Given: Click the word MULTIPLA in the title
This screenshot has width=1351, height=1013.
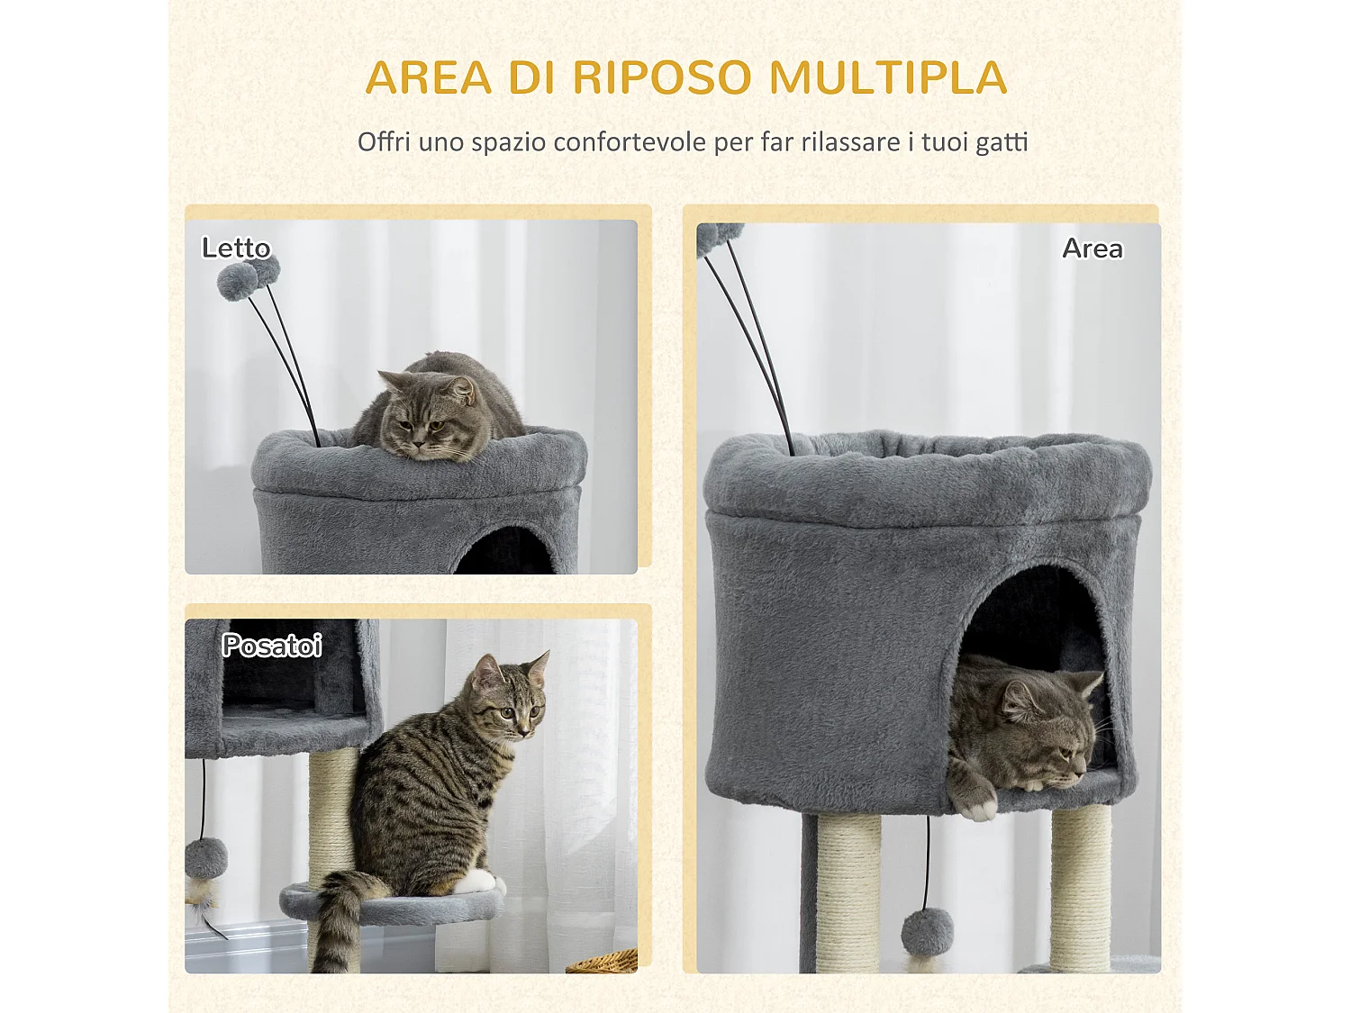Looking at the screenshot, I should [x=887, y=77].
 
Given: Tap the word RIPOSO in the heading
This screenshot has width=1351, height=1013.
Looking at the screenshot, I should [x=661, y=77].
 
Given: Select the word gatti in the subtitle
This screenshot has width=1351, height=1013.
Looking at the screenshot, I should [x=1000, y=142].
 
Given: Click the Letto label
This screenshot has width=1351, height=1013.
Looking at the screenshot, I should [x=236, y=248].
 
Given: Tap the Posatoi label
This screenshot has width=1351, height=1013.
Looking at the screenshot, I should [x=271, y=645].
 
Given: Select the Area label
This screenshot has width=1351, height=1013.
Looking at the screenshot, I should [x=1092, y=248].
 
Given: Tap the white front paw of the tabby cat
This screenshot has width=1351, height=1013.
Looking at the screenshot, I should [x=478, y=882].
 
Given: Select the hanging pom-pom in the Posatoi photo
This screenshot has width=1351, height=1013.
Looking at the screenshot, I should [x=206, y=858].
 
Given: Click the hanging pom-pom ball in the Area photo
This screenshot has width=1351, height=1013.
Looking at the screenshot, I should [x=927, y=932].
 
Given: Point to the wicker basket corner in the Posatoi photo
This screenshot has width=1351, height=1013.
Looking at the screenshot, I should [x=605, y=963].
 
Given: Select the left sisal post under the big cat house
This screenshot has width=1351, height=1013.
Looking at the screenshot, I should [x=848, y=891].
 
